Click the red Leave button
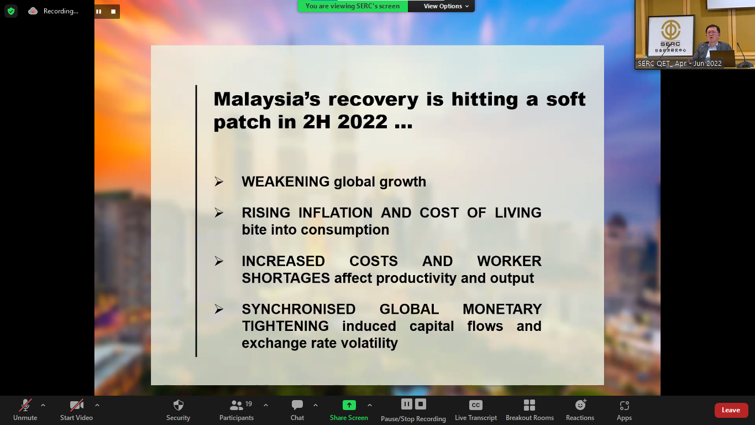[730, 410]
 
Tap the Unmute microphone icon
[25, 405]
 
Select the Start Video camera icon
[76, 405]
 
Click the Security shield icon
[179, 405]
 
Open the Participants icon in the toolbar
[236, 405]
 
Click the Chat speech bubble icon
[297, 405]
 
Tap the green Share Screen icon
[349, 405]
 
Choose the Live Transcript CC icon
[475, 405]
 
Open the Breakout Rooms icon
[529, 405]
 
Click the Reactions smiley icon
[580, 405]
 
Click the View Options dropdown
[445, 6]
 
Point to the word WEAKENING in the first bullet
[286, 182]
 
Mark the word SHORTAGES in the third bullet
[286, 278]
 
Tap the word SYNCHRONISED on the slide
[298, 309]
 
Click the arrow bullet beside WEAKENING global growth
[219, 182]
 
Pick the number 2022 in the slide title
[363, 122]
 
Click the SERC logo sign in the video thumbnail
[671, 36]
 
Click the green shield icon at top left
[11, 11]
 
